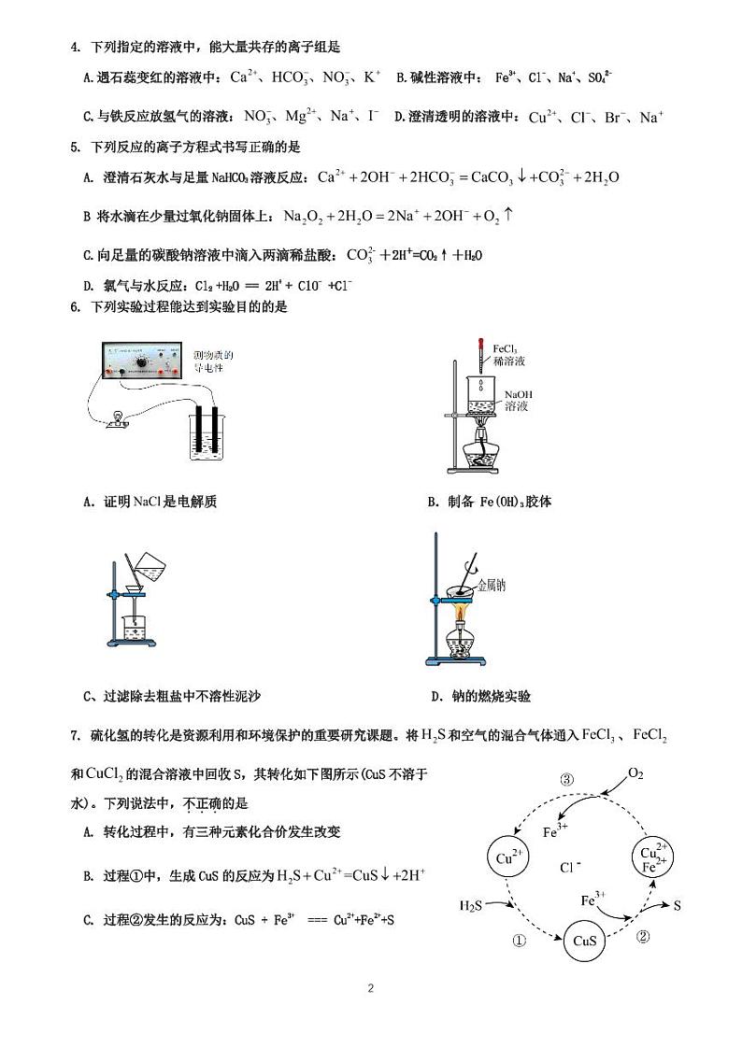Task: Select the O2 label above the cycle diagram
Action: click(635, 774)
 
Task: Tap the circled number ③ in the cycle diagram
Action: click(567, 780)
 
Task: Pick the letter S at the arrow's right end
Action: click(678, 905)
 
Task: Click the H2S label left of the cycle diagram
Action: click(472, 905)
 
